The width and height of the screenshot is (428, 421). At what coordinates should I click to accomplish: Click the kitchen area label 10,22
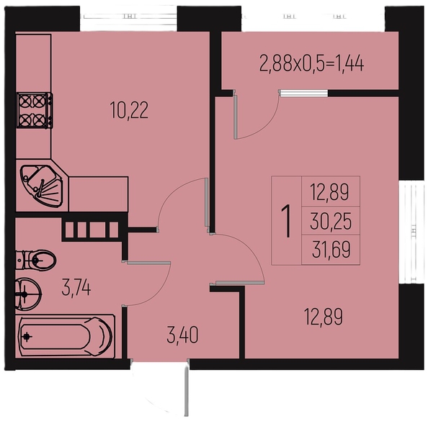pyautogui.click(x=129, y=110)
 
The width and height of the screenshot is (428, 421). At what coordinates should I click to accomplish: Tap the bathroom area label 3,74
pyautogui.click(x=76, y=288)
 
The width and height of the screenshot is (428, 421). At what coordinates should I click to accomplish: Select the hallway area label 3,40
pyautogui.click(x=182, y=335)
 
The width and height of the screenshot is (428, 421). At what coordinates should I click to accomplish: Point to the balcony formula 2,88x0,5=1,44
pyautogui.click(x=311, y=64)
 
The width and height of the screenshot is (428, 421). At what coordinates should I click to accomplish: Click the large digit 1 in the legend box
pyautogui.click(x=286, y=222)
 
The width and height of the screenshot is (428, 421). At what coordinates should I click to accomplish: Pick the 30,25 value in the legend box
pyautogui.click(x=331, y=222)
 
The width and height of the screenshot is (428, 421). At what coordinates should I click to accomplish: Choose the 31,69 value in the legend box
pyautogui.click(x=331, y=250)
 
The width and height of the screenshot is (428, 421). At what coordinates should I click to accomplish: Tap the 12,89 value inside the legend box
pyautogui.click(x=329, y=192)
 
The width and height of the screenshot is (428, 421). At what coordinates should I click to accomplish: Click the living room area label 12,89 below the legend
pyautogui.click(x=324, y=317)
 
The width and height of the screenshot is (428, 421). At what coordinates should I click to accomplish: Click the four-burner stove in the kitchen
pyautogui.click(x=35, y=110)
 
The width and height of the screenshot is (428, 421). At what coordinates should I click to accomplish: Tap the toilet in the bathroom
pyautogui.click(x=35, y=260)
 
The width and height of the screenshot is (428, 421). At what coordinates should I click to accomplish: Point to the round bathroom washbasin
pyautogui.click(x=28, y=294)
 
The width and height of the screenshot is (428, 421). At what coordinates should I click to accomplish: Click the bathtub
pyautogui.click(x=66, y=337)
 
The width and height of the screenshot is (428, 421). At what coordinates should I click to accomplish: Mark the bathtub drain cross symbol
pyautogui.click(x=27, y=337)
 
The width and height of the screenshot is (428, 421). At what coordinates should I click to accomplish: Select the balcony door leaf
pyautogui.click(x=236, y=114)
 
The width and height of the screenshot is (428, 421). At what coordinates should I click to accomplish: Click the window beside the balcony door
pyautogui.click(x=303, y=94)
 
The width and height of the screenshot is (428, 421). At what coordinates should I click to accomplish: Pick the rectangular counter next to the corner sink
pyautogui.click(x=98, y=194)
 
